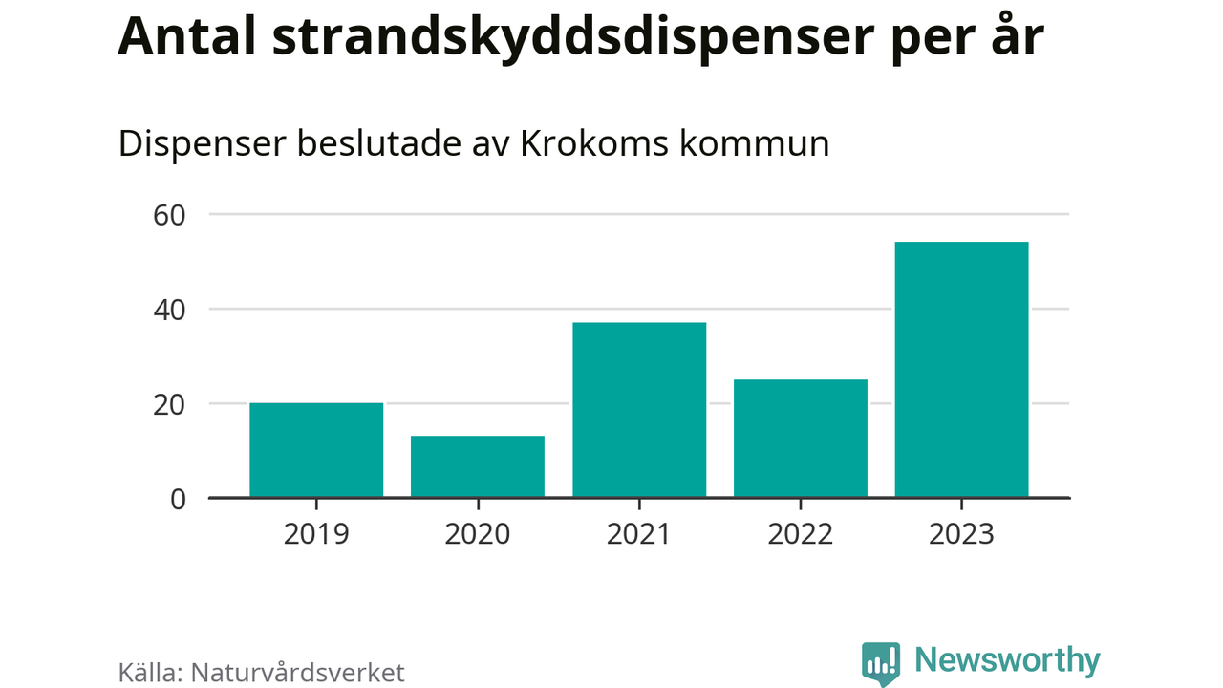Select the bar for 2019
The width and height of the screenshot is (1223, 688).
[x=316, y=450]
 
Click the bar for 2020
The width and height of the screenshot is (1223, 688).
[x=478, y=466]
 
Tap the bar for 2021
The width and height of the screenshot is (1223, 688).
[x=639, y=410]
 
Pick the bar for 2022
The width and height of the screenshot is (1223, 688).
[x=801, y=439]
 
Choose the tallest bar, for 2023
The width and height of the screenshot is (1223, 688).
[x=961, y=370]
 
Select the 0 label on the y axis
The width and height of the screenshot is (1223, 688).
[x=178, y=499]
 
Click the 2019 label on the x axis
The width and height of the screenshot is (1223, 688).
[x=316, y=533]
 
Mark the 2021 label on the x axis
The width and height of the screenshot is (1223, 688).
[x=639, y=533]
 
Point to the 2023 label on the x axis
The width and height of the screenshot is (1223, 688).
[x=961, y=533]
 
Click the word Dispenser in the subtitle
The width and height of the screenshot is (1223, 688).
[x=200, y=144]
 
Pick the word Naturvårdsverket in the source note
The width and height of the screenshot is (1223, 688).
[x=298, y=672]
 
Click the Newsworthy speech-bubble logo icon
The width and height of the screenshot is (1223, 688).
[x=880, y=662]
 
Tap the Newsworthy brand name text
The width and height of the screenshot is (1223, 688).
[x=1007, y=660]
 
